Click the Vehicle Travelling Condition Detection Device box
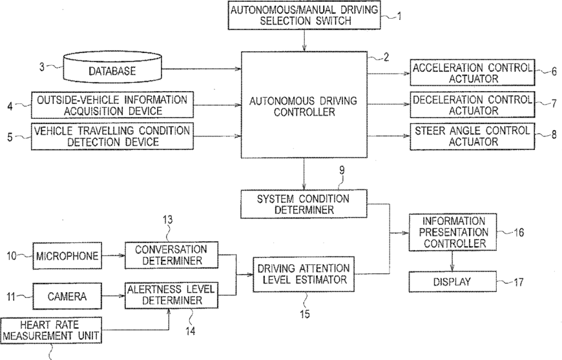click(112, 136)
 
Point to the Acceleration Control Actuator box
click(472, 72)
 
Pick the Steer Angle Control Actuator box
click(472, 136)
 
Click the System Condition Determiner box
click(303, 204)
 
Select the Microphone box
click(68, 257)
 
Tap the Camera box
click(68, 296)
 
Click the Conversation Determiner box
click(171, 256)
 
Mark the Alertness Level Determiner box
click(171, 295)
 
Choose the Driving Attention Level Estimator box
click(303, 273)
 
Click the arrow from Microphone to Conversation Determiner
click(113, 257)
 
